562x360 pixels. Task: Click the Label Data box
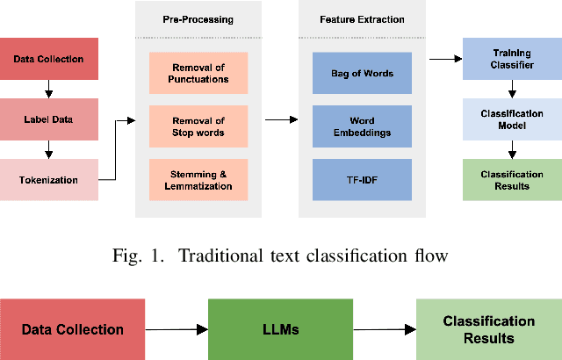tap(48, 119)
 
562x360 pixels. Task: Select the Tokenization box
tap(48, 180)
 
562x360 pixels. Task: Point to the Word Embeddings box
tap(362, 127)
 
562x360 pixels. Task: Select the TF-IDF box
tap(362, 179)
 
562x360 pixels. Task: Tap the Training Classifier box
tap(511, 59)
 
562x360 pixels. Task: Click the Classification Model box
tap(511, 119)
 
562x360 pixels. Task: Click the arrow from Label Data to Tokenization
tap(48, 149)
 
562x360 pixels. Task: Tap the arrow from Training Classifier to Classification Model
tap(511, 89)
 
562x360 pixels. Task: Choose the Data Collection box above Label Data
tap(48, 59)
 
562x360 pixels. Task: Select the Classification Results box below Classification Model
tap(511, 180)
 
